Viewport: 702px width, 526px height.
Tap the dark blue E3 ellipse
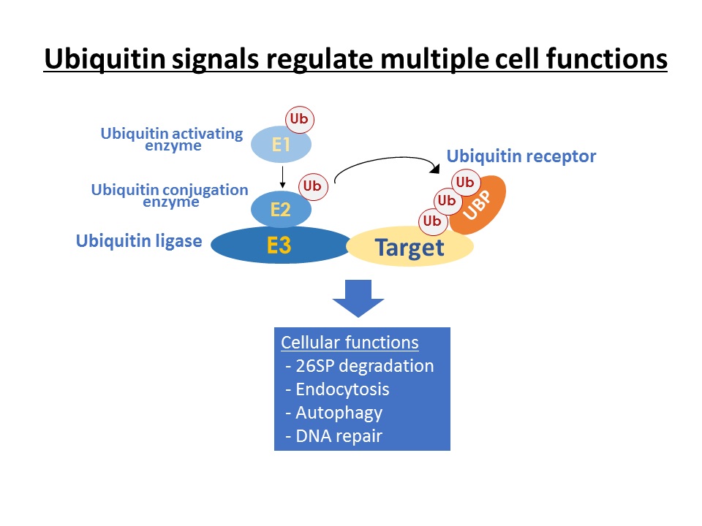pos(280,245)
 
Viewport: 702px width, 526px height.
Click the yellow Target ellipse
pos(409,246)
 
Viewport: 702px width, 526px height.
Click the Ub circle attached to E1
pos(300,119)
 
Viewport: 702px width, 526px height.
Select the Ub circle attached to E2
pos(312,186)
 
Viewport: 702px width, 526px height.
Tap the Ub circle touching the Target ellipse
pos(432,221)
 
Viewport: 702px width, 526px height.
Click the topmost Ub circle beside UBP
pos(466,183)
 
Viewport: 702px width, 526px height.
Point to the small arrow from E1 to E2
pos(282,177)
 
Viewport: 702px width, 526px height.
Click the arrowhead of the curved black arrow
pos(434,169)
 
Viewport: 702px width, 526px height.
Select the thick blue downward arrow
pos(358,298)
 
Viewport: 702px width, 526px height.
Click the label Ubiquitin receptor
pos(521,156)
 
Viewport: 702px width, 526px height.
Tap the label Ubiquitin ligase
pos(139,240)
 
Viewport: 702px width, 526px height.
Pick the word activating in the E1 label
pos(207,133)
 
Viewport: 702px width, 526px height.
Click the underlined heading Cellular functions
pos(350,343)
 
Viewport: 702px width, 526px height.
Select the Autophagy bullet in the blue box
pos(334,413)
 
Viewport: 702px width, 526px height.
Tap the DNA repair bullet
pos(334,436)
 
